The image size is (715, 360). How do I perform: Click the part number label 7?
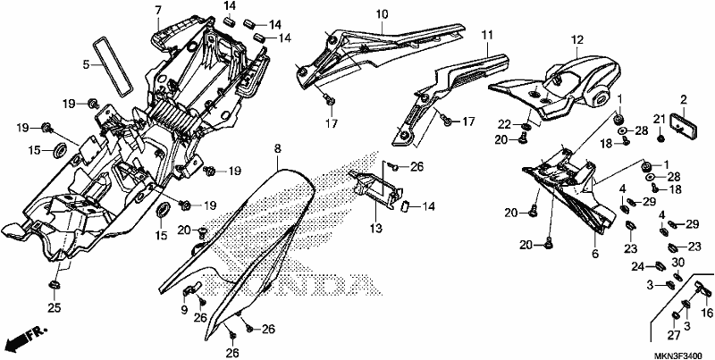point(158,10)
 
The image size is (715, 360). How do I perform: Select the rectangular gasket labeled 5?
point(113,67)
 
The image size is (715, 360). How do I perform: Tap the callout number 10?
point(383,14)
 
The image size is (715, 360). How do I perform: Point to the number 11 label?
point(487,35)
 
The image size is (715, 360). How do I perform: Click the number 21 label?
point(660,120)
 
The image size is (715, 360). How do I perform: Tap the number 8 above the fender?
point(277,148)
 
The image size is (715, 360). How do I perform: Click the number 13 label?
point(375,229)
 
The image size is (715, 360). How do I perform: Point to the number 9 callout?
point(184,310)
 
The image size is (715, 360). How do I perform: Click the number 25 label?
point(55,308)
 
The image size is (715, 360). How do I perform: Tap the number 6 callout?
point(595,255)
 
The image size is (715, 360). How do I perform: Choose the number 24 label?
point(638,265)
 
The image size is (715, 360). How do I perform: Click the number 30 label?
point(678,262)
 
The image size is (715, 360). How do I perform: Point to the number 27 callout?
point(674,335)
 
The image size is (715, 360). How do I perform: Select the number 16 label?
point(706,313)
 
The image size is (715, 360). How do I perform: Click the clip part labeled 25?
point(55,285)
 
